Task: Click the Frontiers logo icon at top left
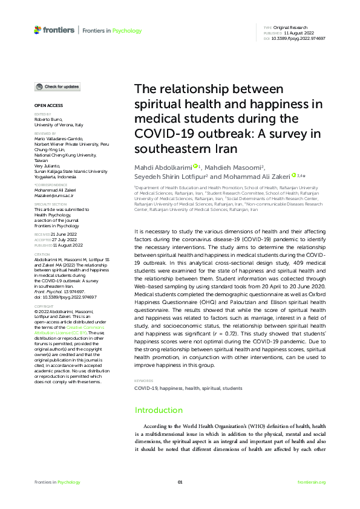(x=38, y=30)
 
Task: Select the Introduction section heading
(x=158, y=410)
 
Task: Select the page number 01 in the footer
(x=180, y=482)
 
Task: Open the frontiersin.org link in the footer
(x=312, y=482)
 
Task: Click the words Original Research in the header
(x=291, y=28)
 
